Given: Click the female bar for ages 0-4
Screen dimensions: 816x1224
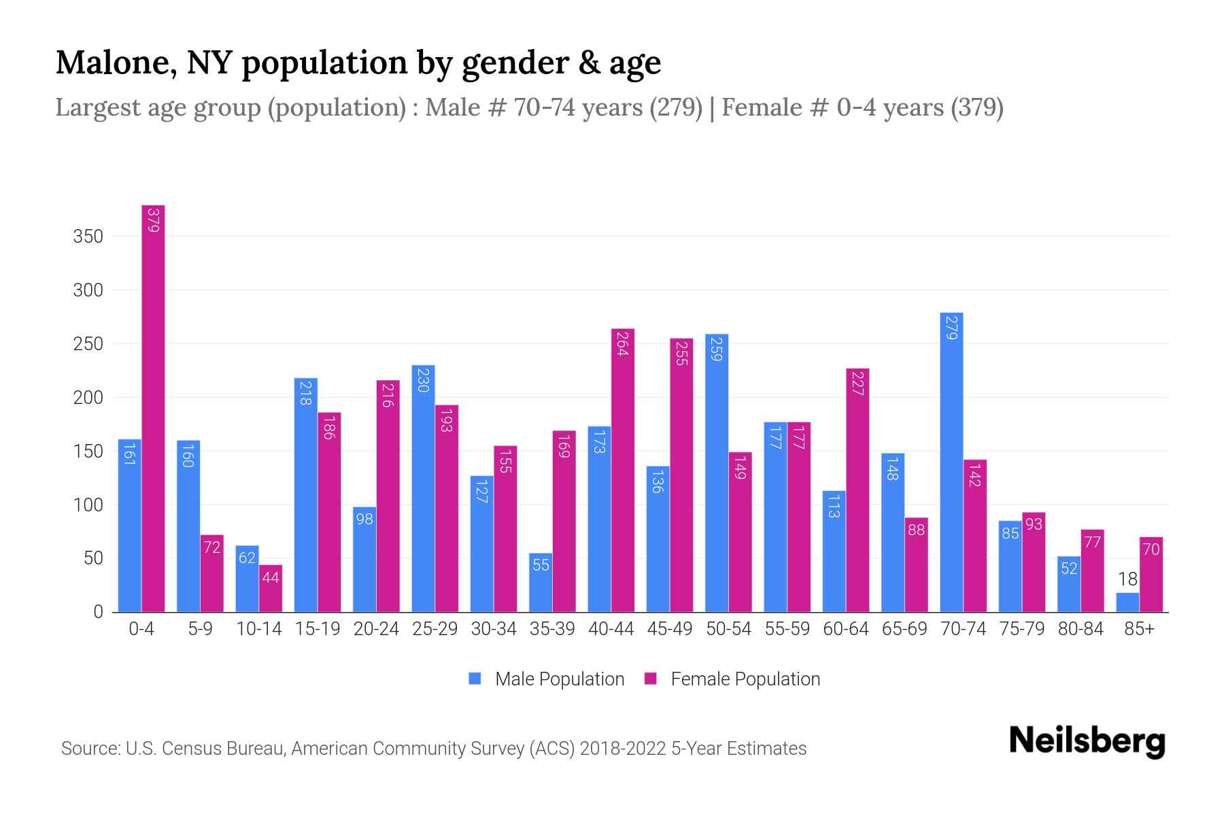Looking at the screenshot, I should pos(153,408).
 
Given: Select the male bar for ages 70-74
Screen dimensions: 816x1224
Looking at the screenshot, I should pos(951,462).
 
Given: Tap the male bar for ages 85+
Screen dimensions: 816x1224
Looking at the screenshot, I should pos(1127,602).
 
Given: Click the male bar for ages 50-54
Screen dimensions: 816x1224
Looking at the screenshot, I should pos(717,473).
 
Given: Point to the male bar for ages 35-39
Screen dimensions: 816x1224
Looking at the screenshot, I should pos(541,583).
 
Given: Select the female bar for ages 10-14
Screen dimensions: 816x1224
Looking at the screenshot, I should pos(271,589).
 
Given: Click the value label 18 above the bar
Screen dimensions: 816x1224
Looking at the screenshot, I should pos(1127,579).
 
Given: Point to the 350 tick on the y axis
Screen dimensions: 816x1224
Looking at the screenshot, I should pos(88,237).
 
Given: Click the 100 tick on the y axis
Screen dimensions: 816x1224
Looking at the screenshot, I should pos(88,505).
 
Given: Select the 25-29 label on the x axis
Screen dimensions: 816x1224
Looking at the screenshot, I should pos(435,629).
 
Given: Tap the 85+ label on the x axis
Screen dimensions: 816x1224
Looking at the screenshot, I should pos(1139,629).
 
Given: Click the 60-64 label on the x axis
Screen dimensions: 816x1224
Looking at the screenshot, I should pos(846,629).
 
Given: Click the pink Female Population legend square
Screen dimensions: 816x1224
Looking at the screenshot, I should pos(651,679).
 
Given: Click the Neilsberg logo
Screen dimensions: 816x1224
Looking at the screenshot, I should pos(1087,741).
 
